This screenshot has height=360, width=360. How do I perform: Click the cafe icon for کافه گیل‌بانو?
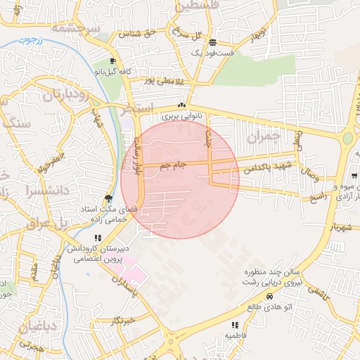[x=112, y=61]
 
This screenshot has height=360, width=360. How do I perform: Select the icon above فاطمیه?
[x=234, y=325]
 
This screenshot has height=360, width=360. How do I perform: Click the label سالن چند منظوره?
[x=260, y=272]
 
